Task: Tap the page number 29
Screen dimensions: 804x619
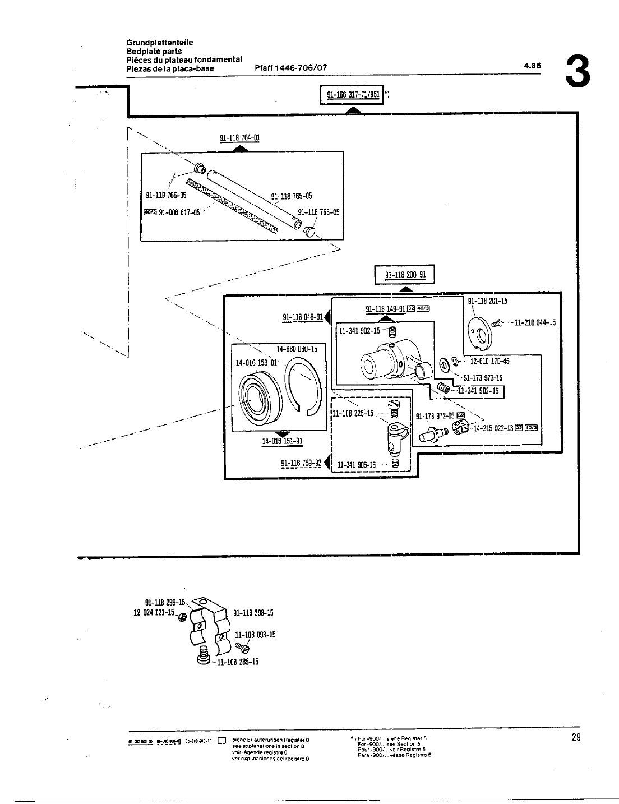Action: click(x=575, y=737)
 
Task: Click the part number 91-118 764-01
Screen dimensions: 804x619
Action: click(x=239, y=137)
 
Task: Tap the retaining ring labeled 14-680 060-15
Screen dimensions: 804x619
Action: click(x=306, y=387)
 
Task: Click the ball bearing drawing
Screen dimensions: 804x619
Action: click(x=256, y=399)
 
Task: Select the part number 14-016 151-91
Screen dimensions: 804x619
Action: click(x=283, y=441)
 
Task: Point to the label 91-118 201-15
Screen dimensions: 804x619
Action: click(x=487, y=301)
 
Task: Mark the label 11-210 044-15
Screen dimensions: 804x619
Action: click(x=534, y=322)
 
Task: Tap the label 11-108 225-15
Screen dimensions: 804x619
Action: click(x=353, y=413)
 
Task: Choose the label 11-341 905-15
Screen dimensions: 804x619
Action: click(x=357, y=465)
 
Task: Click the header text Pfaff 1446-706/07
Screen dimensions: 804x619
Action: click(x=290, y=68)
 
